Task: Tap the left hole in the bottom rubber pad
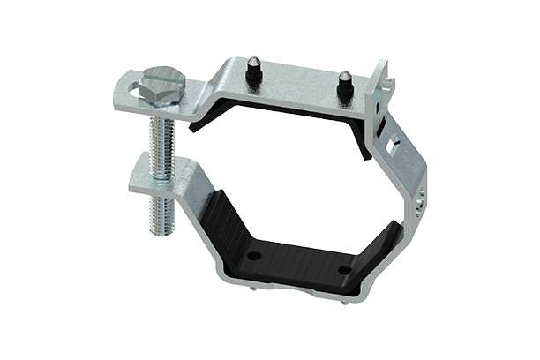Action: (x=254, y=256)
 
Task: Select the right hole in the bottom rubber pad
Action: (x=345, y=271)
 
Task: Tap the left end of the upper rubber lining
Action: (x=205, y=121)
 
